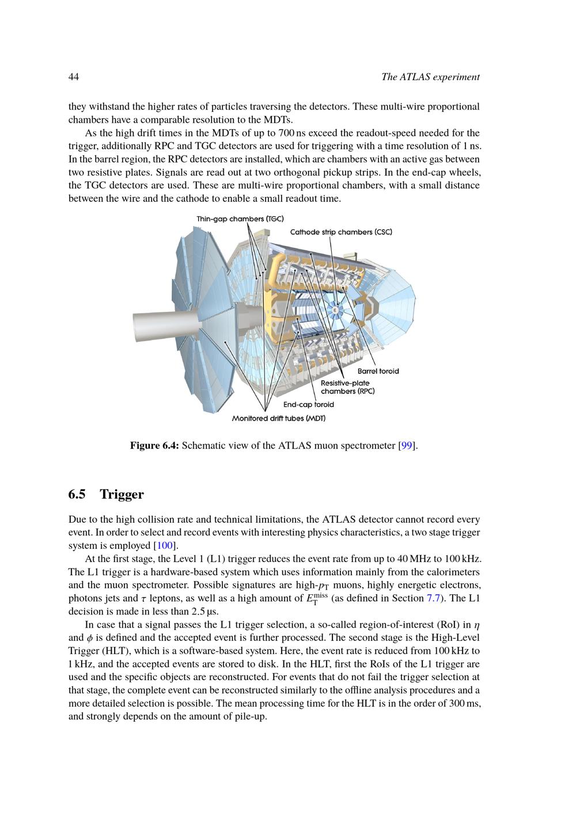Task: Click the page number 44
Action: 74,77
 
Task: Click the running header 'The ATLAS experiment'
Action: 430,77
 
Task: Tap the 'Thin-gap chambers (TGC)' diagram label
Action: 240,219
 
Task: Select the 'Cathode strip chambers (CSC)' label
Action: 341,232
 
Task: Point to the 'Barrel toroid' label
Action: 378,371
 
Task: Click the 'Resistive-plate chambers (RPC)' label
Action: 347,387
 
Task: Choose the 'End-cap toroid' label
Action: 308,405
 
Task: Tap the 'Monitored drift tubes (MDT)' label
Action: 279,418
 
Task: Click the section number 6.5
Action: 77,495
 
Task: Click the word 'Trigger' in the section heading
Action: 122,495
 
